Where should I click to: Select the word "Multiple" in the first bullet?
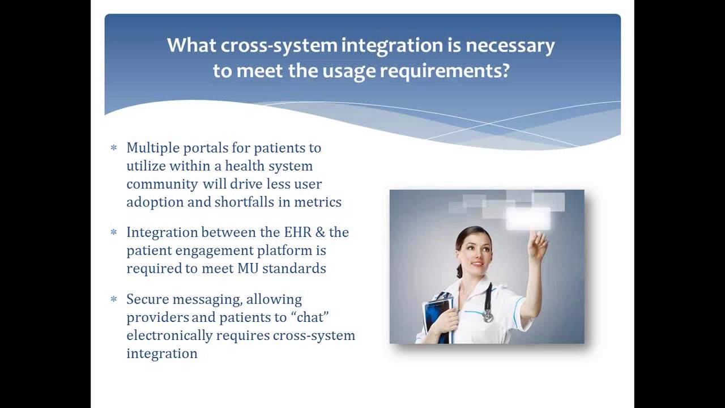(x=150, y=148)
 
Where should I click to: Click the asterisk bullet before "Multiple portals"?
(x=114, y=148)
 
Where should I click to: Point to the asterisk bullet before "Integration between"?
(x=114, y=232)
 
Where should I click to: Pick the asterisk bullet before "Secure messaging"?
(x=114, y=299)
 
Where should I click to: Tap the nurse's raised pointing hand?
(x=537, y=244)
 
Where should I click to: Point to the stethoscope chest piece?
(x=488, y=315)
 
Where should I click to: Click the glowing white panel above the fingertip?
(x=528, y=219)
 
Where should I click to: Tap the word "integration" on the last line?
(x=162, y=354)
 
